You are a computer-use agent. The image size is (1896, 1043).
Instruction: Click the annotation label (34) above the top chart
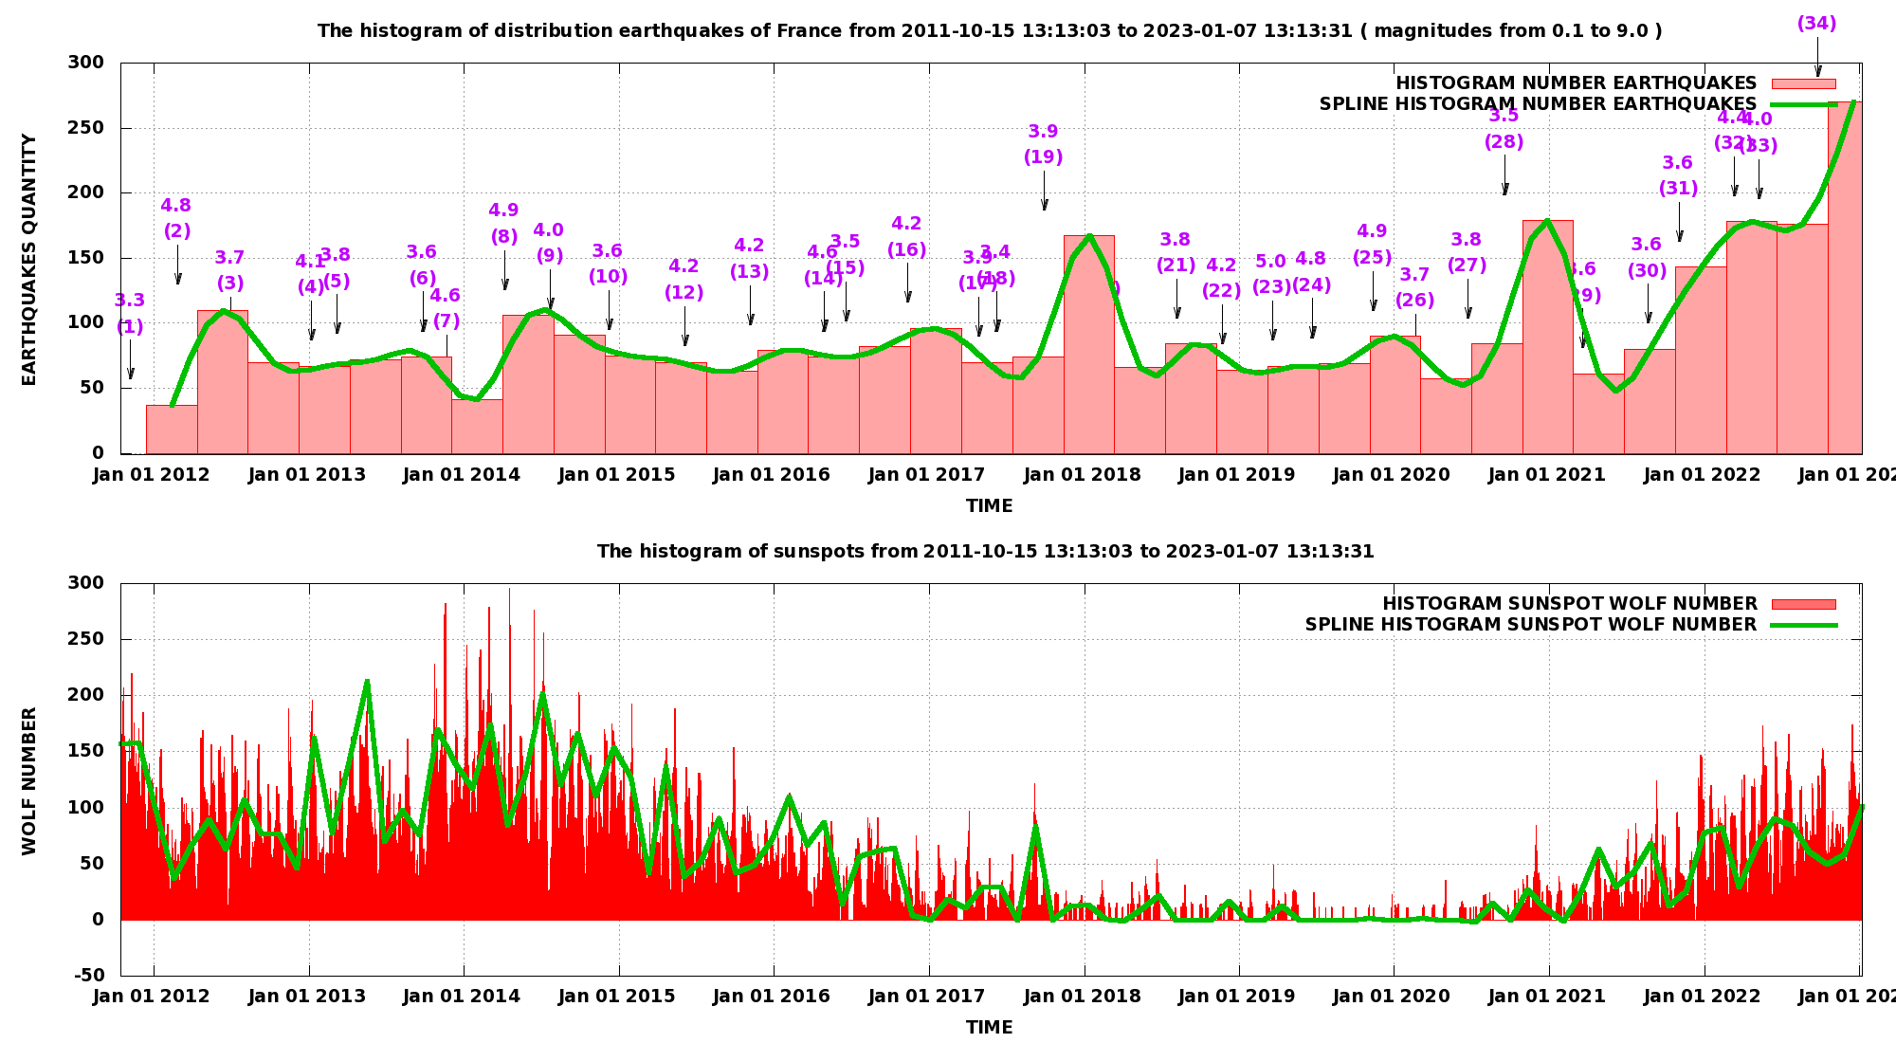[1816, 24]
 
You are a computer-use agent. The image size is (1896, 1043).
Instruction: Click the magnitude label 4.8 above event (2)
[175, 206]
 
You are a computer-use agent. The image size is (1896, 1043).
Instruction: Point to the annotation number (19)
[1043, 157]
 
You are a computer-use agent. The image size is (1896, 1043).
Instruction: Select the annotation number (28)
[1504, 142]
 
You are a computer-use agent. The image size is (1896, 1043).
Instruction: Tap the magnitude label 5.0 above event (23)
[1270, 261]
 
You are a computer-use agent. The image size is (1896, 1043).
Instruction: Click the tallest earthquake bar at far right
[1844, 284]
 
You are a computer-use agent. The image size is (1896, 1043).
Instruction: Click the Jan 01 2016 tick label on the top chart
[771, 475]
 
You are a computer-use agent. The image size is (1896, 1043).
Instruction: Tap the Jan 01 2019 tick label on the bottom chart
[1236, 997]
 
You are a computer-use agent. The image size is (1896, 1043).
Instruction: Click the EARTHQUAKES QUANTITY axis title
[29, 260]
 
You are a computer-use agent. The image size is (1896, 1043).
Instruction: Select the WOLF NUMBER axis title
[29, 780]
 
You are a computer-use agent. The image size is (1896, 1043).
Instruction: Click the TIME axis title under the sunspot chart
[989, 1028]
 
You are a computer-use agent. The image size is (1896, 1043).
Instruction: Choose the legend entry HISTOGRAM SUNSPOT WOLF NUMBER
[1569, 604]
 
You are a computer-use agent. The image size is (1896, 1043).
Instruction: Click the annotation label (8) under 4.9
[503, 237]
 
